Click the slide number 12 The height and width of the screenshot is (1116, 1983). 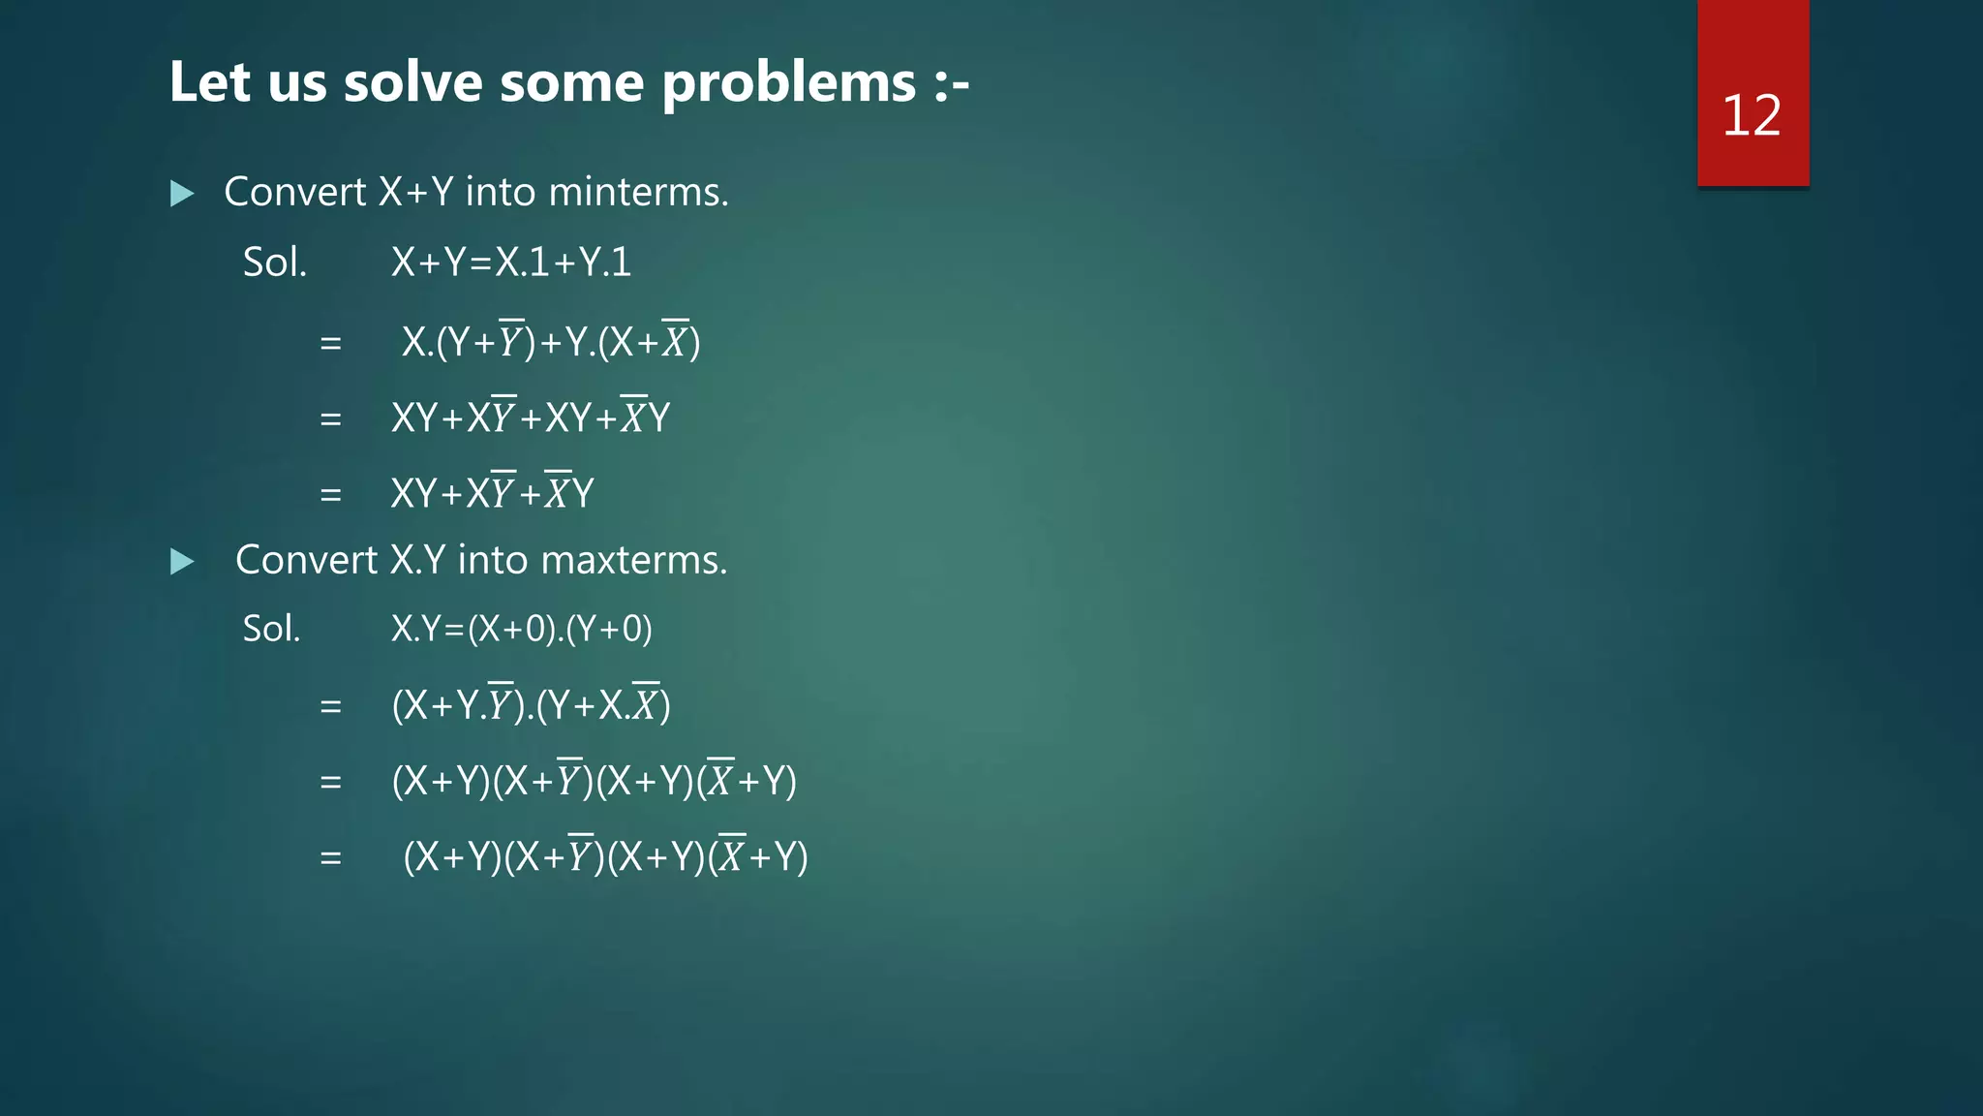[1751, 116]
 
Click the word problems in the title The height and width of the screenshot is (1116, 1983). [789, 83]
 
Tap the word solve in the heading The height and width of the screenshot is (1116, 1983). [412, 81]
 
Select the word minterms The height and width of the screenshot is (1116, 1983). [638, 192]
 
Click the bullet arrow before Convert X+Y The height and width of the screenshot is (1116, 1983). [182, 193]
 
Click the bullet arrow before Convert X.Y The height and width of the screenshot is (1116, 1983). [182, 561]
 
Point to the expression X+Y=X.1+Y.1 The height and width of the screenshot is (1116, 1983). [510, 263]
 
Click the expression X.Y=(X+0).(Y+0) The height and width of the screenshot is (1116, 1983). [521, 630]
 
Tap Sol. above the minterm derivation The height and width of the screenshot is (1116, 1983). [274, 263]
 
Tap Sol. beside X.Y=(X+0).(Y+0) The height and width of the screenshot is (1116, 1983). [271, 630]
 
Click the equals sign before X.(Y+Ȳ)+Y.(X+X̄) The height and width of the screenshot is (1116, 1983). [331, 343]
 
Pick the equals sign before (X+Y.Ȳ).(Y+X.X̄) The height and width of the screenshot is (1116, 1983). [331, 706]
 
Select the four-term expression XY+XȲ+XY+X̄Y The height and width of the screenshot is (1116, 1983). [530, 418]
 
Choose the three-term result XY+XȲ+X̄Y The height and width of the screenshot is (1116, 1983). [492, 493]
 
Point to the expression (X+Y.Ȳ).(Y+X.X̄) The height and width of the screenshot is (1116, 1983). [531, 704]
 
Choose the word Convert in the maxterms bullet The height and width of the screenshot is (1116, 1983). [306, 560]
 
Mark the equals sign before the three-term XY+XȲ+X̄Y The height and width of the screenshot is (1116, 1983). [331, 495]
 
